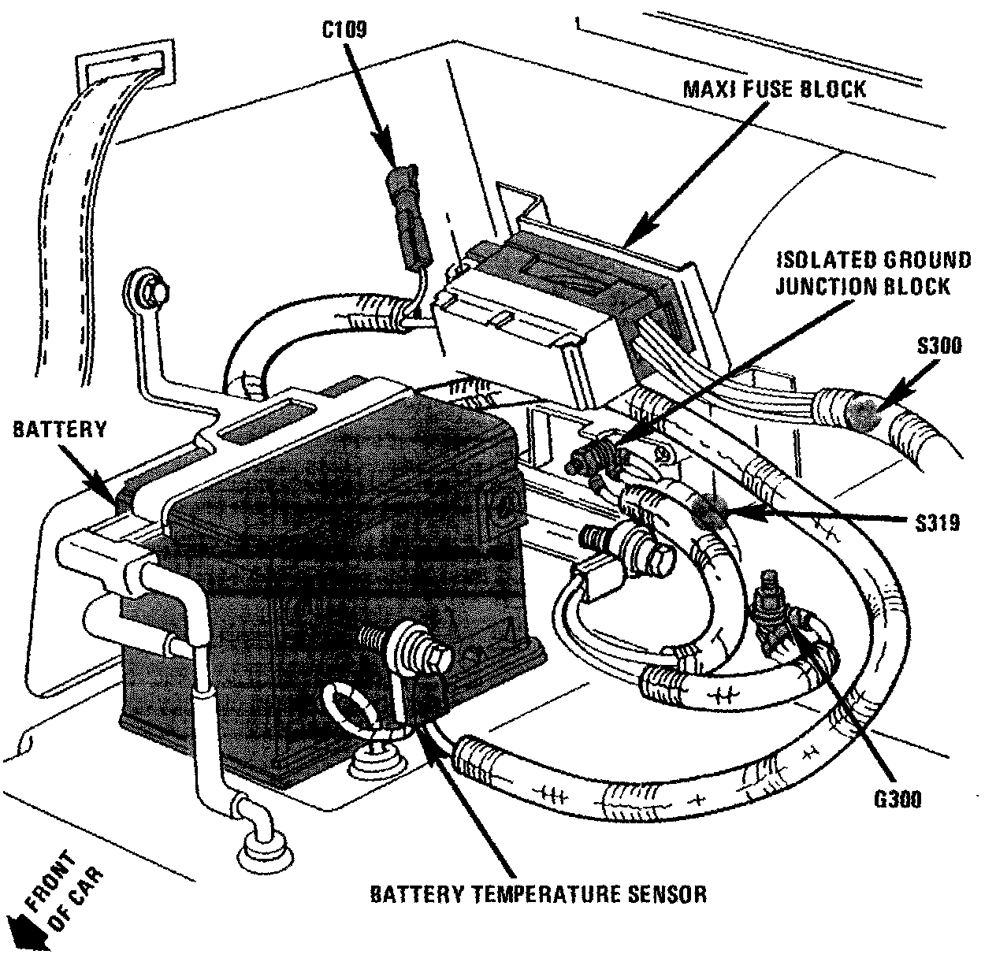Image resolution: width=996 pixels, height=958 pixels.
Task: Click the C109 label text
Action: tap(344, 28)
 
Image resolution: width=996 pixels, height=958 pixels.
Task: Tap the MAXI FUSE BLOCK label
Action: tap(774, 87)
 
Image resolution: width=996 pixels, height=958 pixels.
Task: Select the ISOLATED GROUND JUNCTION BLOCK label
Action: tap(873, 273)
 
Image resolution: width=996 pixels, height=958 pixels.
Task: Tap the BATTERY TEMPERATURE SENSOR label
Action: tap(538, 894)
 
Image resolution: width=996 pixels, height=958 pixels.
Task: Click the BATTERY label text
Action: tap(59, 429)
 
